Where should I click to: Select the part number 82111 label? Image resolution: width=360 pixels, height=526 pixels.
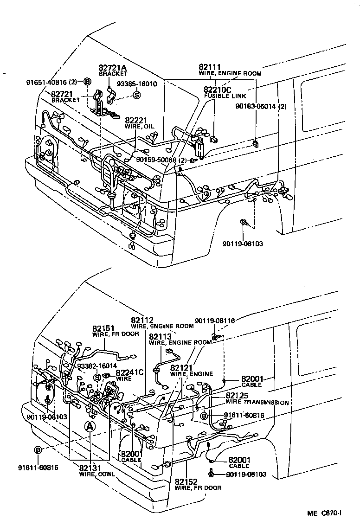pos(209,67)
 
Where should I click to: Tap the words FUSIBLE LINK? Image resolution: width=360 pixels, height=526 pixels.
pos(225,96)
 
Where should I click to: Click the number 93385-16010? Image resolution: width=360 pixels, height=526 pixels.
pos(136,84)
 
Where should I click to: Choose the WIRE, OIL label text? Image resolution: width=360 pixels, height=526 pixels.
pos(139,127)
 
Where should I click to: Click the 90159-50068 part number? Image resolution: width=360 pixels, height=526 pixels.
pos(156,160)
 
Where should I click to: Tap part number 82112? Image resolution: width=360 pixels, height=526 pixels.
pos(142,321)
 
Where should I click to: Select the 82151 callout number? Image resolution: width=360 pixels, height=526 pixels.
pos(103,328)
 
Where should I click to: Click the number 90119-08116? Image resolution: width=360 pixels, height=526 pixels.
pos(215,321)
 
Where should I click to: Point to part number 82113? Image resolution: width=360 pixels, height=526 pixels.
pos(161,337)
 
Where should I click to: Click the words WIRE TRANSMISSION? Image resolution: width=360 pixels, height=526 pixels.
pos(257,402)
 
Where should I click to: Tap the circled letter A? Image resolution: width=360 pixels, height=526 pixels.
pos(90,427)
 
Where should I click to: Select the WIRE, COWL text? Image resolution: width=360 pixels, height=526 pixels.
pos(97,474)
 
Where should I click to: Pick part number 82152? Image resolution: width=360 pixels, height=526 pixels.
pos(186,482)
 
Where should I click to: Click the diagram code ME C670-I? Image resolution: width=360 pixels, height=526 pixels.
pos(324,513)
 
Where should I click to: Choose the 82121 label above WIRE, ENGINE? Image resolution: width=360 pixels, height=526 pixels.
pos(181,368)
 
